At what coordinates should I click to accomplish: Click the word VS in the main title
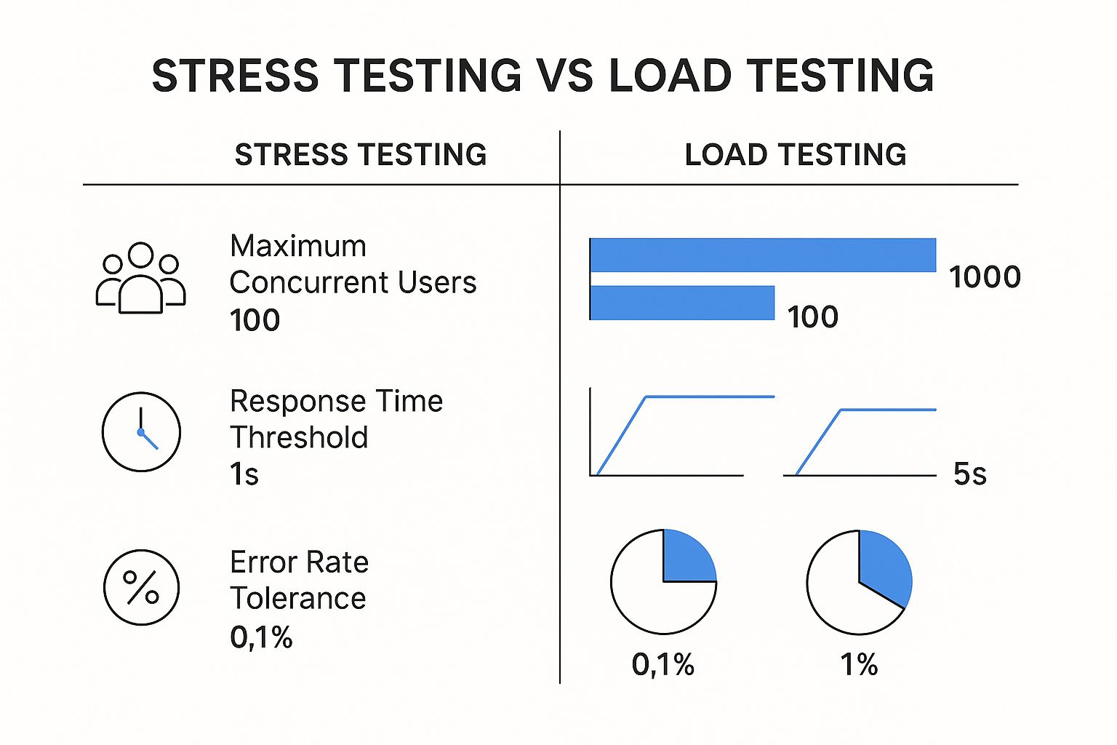click(564, 76)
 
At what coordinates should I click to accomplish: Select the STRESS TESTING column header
click(361, 155)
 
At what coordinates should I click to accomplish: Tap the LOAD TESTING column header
click(796, 155)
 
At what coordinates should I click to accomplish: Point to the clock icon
click(141, 432)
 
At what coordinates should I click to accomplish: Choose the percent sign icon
click(141, 587)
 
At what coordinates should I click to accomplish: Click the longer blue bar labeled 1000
click(763, 255)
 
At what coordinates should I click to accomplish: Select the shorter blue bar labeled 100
click(682, 303)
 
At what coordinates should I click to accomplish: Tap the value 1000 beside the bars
click(985, 277)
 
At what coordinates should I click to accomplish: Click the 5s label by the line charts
click(969, 474)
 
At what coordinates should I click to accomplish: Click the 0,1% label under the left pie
click(662, 665)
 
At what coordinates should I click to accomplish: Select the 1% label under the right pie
click(859, 665)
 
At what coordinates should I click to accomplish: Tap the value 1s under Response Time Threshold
click(244, 474)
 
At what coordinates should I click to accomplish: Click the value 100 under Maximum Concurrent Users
click(255, 320)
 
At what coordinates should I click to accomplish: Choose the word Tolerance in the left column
click(298, 599)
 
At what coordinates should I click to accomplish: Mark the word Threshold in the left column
click(299, 438)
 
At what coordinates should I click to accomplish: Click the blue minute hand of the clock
click(149, 440)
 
